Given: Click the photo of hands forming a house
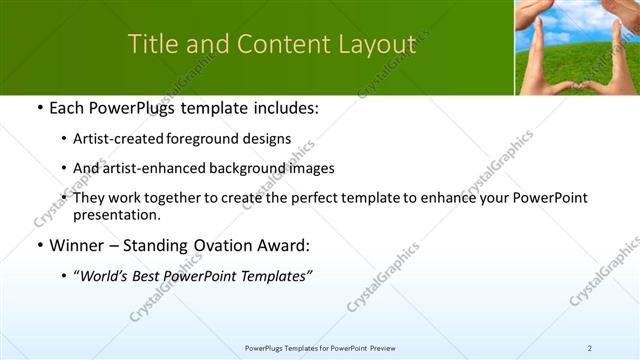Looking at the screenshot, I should pos(577,47).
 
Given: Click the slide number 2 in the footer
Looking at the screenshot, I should pos(589,347).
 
